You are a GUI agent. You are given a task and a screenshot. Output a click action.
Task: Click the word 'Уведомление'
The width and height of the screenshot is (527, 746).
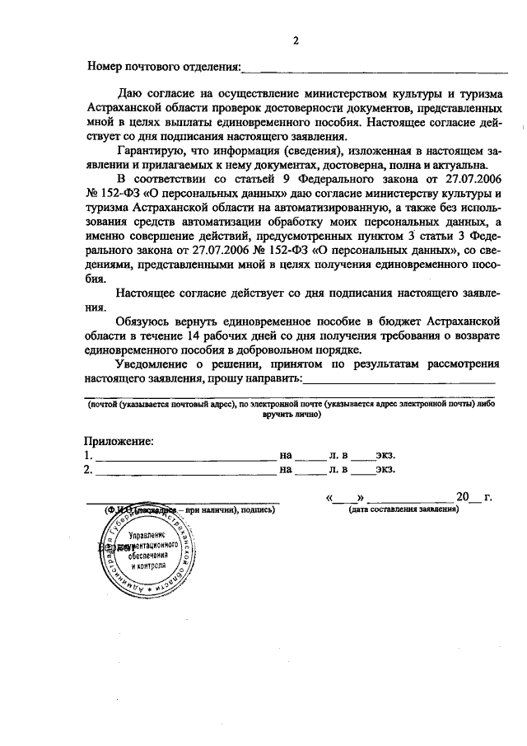pyautogui.click(x=157, y=364)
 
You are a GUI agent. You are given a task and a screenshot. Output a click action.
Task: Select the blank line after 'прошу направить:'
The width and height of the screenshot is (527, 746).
pyautogui.click(x=399, y=381)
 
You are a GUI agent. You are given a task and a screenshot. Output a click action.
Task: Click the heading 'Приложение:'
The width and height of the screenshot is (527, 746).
pyautogui.click(x=119, y=441)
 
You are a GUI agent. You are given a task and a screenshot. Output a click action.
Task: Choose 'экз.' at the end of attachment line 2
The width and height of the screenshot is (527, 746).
pyautogui.click(x=385, y=470)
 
